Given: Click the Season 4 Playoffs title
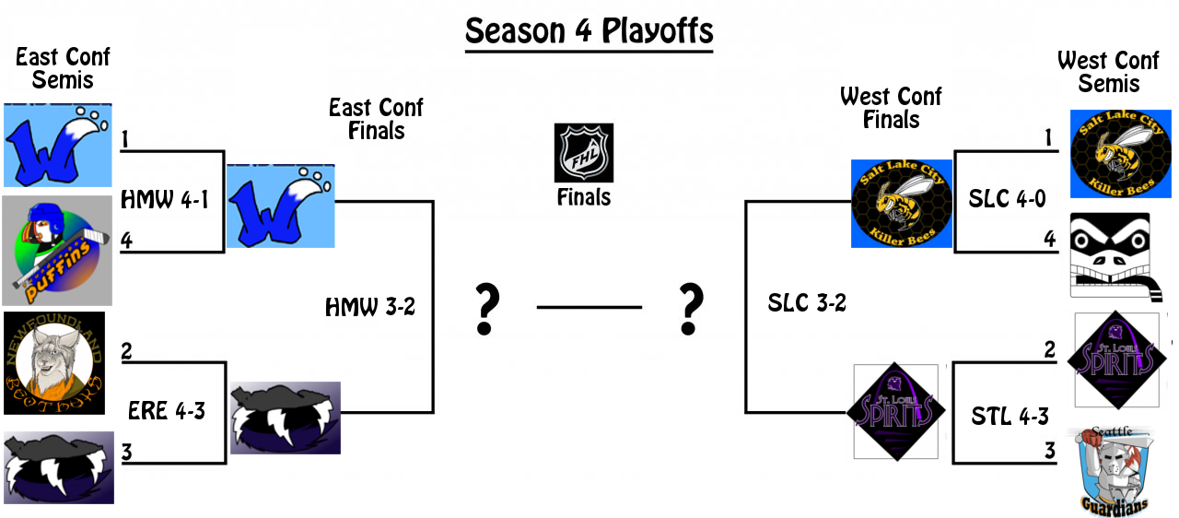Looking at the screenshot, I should [x=589, y=31].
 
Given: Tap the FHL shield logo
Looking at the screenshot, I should [x=583, y=153].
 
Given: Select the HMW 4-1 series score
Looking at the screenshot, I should [x=163, y=199].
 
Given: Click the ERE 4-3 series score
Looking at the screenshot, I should [x=167, y=411].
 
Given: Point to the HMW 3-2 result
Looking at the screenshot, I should [x=370, y=307].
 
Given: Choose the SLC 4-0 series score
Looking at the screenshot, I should [x=1007, y=199].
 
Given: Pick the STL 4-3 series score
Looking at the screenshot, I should [x=1010, y=417].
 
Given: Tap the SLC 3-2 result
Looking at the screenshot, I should [x=807, y=303].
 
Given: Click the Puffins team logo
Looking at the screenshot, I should [x=57, y=250].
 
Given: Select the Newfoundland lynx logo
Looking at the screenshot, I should [x=54, y=363].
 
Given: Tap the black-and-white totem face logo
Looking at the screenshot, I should [x=1110, y=255].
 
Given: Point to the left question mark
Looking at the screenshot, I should [x=486, y=310].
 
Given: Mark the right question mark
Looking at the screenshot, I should [x=689, y=310].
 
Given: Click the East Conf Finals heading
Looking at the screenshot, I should [x=376, y=119].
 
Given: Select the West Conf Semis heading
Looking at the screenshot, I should [x=1108, y=72].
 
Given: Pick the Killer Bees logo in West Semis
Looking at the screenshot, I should [x=1120, y=153].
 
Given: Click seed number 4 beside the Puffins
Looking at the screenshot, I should [x=126, y=241].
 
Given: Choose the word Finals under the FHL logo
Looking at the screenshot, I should [x=583, y=196].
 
